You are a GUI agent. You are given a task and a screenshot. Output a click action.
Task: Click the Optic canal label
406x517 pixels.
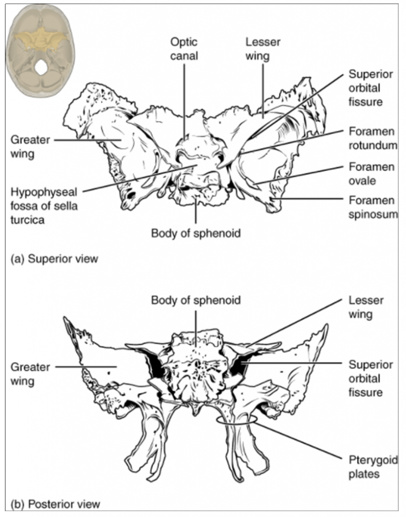[x=184, y=49]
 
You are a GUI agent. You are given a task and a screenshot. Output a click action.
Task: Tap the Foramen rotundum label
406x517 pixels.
[x=373, y=138]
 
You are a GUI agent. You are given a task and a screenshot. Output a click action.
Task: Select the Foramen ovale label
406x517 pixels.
[x=371, y=174]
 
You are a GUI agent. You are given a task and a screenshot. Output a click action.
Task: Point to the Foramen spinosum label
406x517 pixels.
[x=373, y=207]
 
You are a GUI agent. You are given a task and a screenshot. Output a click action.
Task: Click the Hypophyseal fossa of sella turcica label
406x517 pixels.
[x=44, y=206]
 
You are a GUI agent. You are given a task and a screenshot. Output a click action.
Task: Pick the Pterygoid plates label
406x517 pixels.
[x=373, y=467]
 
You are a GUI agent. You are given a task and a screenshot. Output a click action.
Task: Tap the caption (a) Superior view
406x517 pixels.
[x=55, y=259]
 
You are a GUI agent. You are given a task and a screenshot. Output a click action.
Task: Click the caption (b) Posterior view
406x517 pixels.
[x=55, y=504]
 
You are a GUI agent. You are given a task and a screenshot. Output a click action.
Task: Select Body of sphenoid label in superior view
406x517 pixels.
[x=196, y=233]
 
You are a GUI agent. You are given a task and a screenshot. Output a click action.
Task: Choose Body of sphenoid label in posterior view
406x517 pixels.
[x=196, y=300]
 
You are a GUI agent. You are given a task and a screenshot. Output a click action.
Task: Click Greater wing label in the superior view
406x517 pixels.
[x=30, y=147]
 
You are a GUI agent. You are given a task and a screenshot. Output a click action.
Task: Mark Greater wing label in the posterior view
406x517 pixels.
[x=30, y=374]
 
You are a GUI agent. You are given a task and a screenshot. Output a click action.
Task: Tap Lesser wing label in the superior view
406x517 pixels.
[x=263, y=49]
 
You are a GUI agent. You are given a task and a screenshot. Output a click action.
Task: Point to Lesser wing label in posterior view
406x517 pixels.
[x=366, y=307]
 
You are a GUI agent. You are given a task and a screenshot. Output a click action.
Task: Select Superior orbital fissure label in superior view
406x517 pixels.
[x=371, y=88]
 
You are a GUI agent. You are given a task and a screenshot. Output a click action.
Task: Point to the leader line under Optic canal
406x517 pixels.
[x=184, y=101]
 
